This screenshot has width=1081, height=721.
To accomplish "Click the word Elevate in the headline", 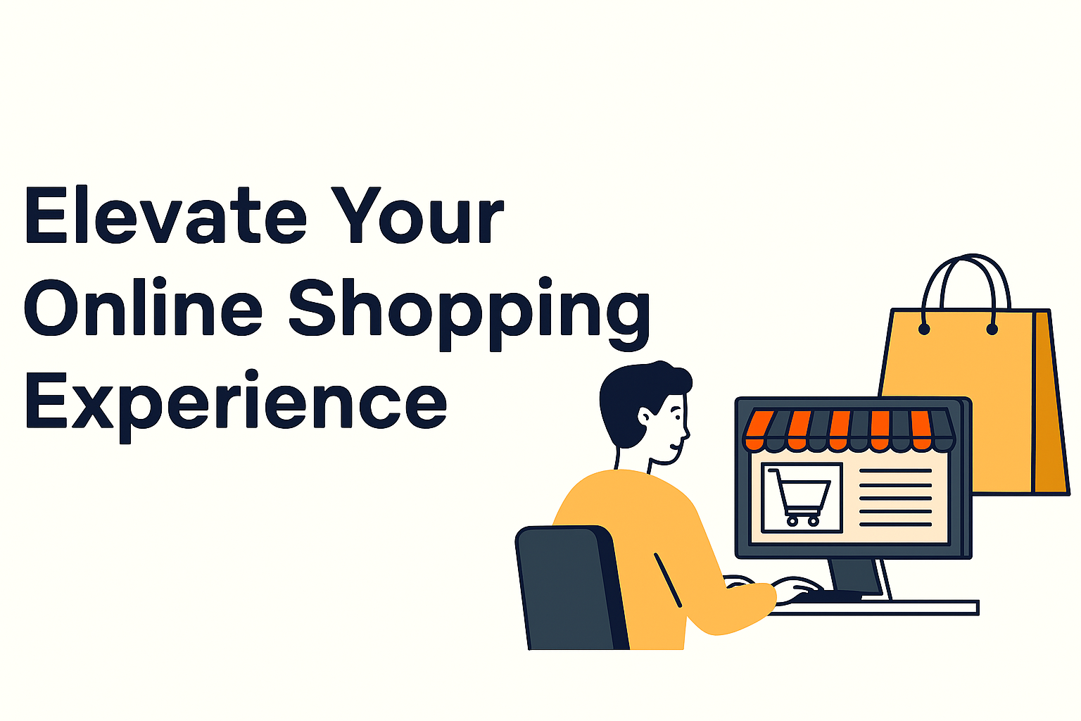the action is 166,215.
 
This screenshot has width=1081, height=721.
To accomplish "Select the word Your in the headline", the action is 417,215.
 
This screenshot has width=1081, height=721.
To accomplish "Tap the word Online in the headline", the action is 143,306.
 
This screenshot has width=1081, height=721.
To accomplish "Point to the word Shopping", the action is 469,314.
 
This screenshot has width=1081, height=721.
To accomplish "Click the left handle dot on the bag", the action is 924,330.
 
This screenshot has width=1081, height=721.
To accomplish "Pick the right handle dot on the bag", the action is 992,330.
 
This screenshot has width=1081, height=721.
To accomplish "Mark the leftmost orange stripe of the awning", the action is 757,430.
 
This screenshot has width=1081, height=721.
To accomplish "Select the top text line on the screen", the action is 896,470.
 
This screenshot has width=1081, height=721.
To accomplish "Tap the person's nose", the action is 687,433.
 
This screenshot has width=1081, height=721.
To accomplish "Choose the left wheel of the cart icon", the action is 792,521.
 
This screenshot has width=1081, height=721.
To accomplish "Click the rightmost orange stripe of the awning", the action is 921,430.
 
